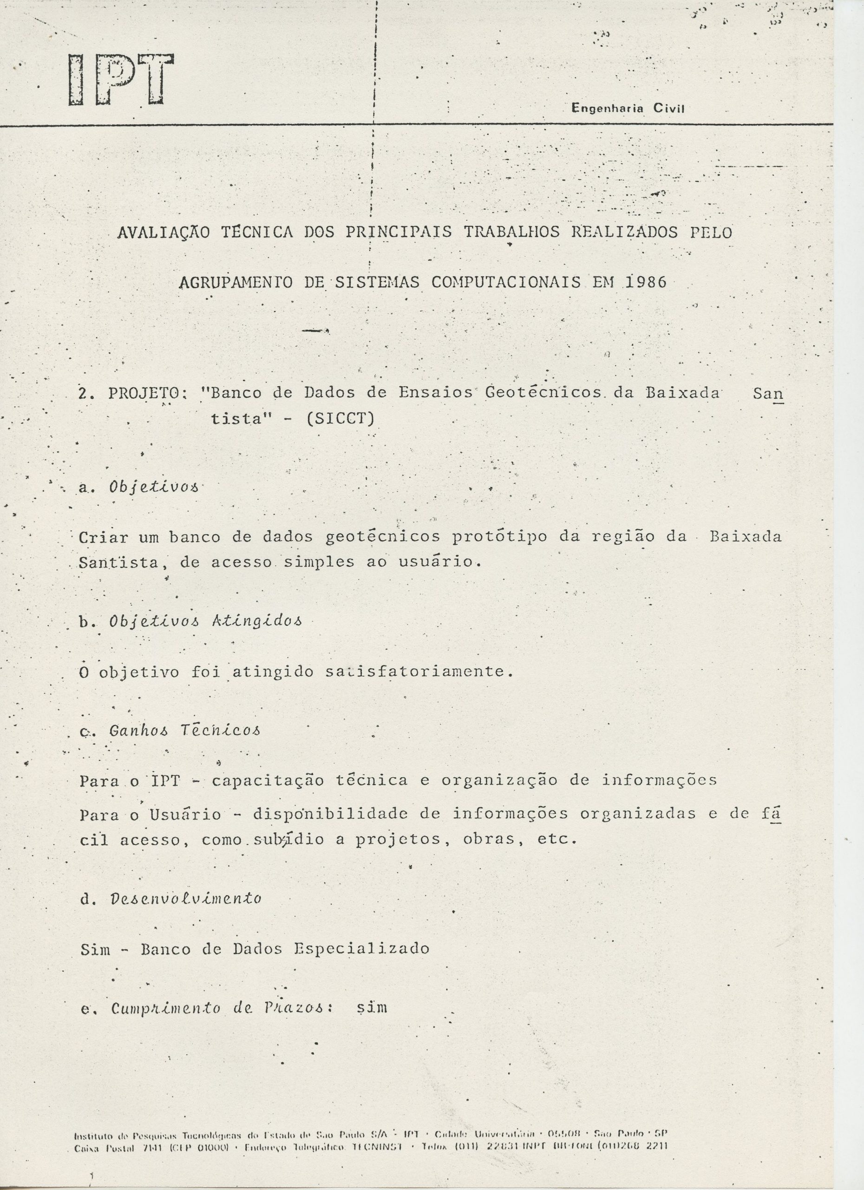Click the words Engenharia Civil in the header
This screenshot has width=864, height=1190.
point(628,109)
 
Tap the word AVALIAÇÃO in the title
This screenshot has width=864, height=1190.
point(163,232)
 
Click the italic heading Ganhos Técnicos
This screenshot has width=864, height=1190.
point(184,730)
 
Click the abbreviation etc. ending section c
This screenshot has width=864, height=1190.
point(557,839)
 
